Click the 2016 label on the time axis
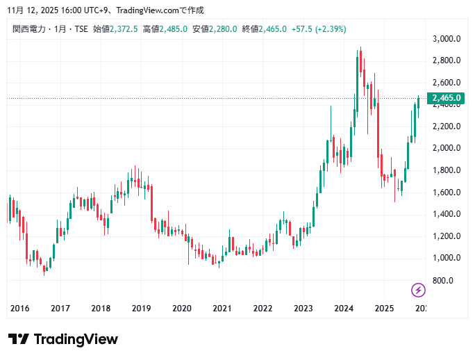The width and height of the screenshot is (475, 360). (19, 308)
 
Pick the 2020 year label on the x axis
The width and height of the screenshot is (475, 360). (181, 308)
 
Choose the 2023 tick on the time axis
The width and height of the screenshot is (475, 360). (303, 308)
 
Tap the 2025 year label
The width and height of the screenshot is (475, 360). (384, 308)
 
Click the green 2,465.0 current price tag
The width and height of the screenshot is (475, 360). (447, 99)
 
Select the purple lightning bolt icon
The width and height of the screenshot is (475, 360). (419, 290)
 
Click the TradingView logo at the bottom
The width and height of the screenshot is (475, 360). (63, 339)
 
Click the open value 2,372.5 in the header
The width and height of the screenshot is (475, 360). (124, 29)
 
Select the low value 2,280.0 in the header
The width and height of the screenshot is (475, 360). (224, 29)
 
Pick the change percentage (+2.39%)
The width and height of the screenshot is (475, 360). (331, 29)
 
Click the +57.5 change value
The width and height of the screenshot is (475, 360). (301, 29)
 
